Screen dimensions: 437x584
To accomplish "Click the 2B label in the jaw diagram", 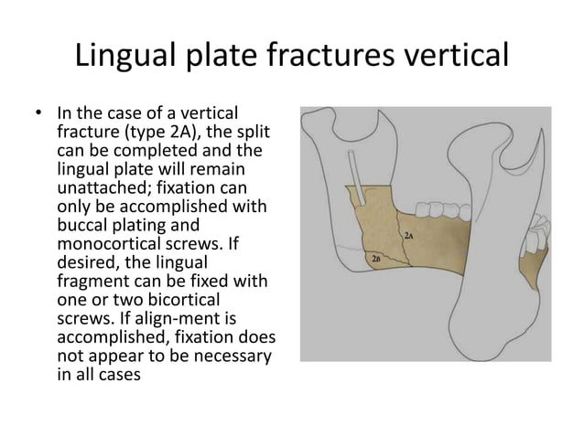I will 375,260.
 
